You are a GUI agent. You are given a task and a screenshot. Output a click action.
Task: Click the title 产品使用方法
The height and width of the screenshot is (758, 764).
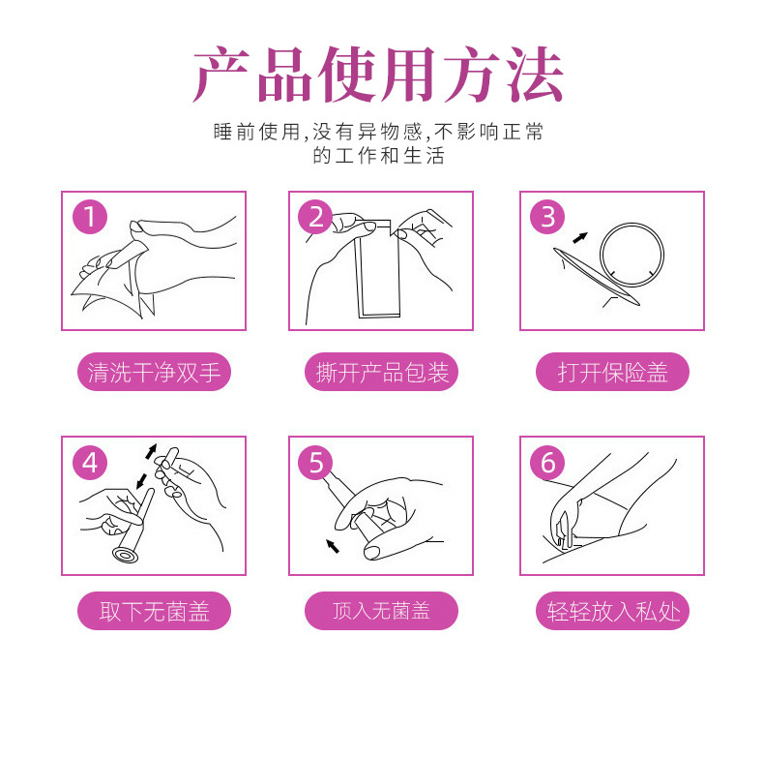tap(378, 75)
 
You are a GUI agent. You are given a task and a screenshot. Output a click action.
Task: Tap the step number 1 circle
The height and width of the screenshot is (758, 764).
tap(90, 217)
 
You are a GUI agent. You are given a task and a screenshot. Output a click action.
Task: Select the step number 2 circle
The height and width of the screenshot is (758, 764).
tap(315, 217)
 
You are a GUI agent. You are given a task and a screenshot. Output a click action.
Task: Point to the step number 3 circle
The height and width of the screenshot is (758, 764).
tap(547, 217)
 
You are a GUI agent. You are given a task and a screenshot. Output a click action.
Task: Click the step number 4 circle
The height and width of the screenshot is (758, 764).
tap(90, 463)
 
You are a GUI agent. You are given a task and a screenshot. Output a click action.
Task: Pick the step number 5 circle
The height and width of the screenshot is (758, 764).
tap(315, 463)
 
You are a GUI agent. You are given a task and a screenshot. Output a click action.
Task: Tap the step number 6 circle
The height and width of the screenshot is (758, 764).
tap(547, 463)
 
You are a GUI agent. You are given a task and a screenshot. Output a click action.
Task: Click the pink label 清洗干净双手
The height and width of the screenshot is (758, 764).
tap(154, 372)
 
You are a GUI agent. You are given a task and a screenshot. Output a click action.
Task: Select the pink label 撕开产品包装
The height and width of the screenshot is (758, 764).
tap(381, 372)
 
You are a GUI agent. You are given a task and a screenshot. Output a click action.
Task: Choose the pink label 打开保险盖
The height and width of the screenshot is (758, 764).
tap(612, 372)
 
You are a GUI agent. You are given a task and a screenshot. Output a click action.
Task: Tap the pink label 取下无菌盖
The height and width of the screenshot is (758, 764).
tap(154, 611)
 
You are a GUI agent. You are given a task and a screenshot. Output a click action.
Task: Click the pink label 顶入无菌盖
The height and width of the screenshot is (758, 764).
tap(381, 611)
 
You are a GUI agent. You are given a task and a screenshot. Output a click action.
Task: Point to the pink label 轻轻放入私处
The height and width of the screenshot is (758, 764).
tap(612, 611)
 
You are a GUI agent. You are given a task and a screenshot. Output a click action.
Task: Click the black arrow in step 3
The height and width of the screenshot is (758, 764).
tap(579, 237)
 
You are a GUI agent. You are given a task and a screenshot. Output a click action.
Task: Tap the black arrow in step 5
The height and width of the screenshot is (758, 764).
tap(333, 546)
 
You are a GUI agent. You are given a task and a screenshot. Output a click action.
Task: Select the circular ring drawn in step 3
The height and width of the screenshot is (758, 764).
tap(602, 255)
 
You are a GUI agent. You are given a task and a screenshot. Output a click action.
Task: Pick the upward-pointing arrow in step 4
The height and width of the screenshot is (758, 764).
tap(151, 451)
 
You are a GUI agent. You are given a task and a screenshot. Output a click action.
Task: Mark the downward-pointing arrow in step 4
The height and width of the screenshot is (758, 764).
tap(142, 480)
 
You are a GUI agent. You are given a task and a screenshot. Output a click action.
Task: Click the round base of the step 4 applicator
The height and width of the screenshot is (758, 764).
tap(126, 555)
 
